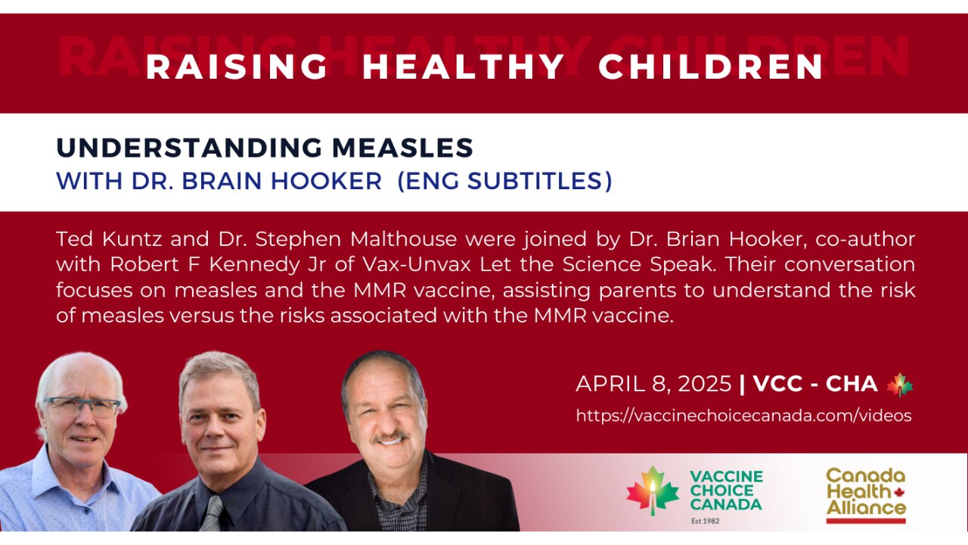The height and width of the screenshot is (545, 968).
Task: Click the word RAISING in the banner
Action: coord(237,67)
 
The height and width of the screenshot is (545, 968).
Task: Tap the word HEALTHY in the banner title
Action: coord(464,67)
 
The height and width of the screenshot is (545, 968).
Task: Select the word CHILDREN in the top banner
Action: coord(711,67)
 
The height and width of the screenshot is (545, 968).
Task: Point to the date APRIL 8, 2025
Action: coord(653,384)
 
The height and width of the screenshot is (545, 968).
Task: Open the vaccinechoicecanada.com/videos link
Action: coord(743,416)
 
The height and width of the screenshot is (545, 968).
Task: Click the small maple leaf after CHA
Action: coord(900,384)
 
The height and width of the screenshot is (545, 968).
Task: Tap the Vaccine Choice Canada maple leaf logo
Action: coord(653,490)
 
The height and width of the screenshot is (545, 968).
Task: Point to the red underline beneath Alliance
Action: coord(865,520)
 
